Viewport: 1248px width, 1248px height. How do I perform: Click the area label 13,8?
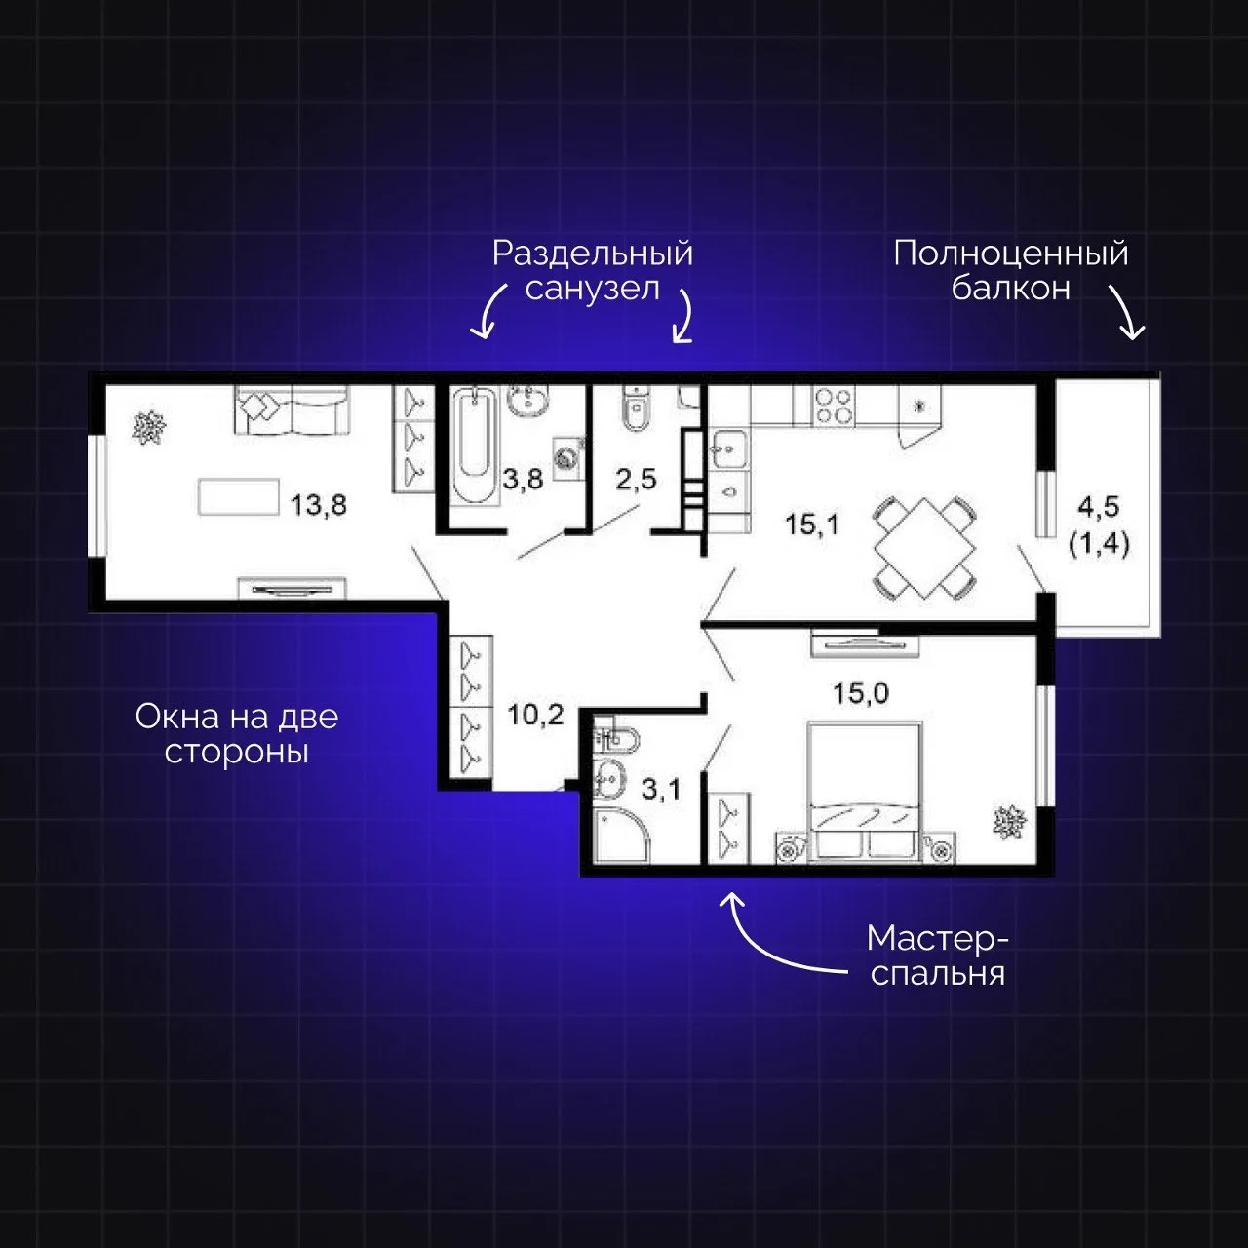[318, 504]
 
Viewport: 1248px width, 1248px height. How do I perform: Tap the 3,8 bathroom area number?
[523, 480]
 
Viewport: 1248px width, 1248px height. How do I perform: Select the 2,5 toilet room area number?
[636, 480]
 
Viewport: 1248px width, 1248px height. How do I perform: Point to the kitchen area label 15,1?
[811, 524]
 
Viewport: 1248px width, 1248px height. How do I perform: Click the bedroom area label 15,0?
[861, 693]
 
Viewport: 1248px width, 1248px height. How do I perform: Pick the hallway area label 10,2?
[535, 715]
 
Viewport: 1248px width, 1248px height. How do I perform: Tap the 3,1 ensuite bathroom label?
[661, 789]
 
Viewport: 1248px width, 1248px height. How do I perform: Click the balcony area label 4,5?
[1099, 506]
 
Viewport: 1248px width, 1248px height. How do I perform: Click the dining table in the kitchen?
[924, 548]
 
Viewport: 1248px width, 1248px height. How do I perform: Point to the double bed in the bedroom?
[864, 794]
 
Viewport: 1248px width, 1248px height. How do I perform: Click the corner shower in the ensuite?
[620, 836]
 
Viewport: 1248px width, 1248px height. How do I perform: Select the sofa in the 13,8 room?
[292, 409]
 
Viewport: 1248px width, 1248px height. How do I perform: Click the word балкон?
[1010, 289]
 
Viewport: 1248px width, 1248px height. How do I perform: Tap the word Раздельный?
[593, 253]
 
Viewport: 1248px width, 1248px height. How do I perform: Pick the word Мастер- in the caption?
[938, 939]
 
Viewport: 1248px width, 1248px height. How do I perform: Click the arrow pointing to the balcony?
[1128, 312]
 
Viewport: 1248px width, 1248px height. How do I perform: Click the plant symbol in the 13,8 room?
[149, 427]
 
